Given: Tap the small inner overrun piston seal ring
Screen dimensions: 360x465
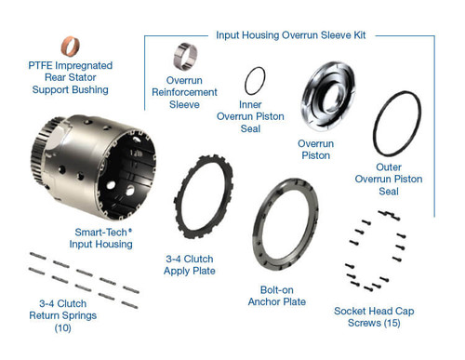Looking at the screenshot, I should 254,81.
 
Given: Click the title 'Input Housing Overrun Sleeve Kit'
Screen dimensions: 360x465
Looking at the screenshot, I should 290,34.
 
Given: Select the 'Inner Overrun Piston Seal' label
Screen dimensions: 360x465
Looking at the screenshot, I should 262,117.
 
